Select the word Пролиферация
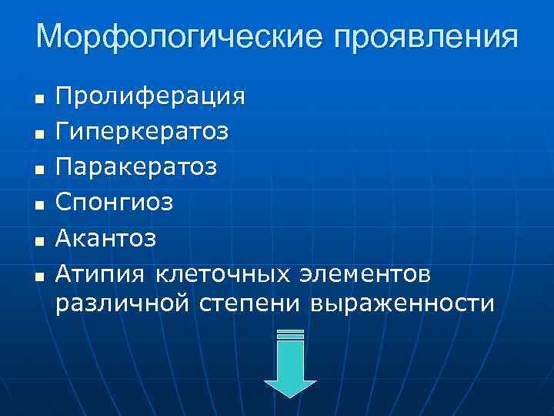[x=151, y=98]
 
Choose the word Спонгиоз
[x=115, y=203]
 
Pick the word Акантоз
[x=106, y=238]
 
